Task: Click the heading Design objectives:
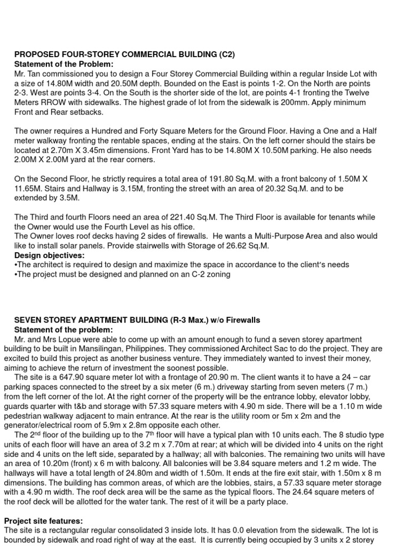pyautogui.click(x=49, y=255)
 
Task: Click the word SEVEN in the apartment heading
pyautogui.click(x=27, y=320)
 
